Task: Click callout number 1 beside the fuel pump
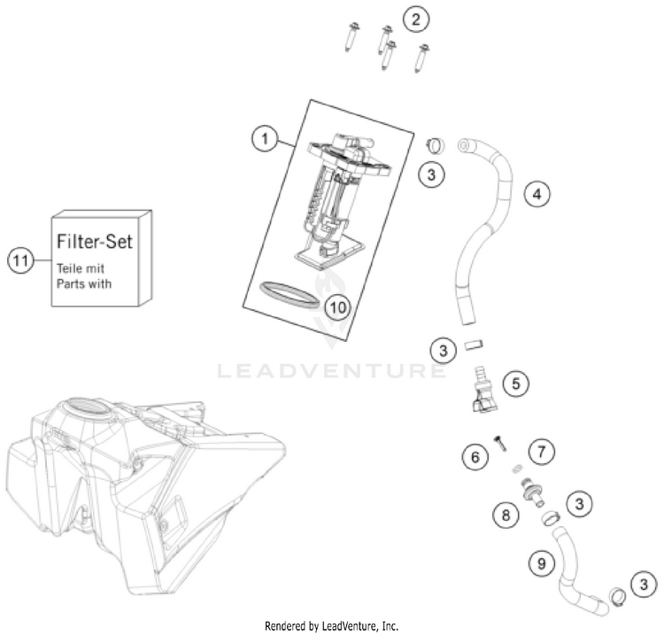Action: tap(260, 138)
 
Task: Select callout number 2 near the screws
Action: tap(415, 18)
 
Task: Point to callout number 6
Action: tap(475, 457)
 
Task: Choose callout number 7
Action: tap(541, 453)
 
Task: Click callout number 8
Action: tap(506, 513)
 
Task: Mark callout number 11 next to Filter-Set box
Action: tap(21, 259)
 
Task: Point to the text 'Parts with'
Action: tap(86, 284)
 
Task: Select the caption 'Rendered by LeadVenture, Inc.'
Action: tap(331, 625)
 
